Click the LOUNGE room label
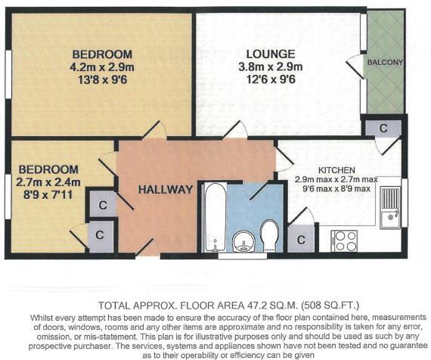tap(270, 54)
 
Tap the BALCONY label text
tap(385, 61)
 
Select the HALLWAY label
tap(164, 189)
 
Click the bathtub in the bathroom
tap(215, 216)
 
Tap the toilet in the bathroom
tap(268, 235)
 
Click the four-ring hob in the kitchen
tap(344, 240)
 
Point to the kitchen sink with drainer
tap(390, 206)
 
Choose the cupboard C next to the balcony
tap(383, 128)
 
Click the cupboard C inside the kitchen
tap(301, 239)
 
